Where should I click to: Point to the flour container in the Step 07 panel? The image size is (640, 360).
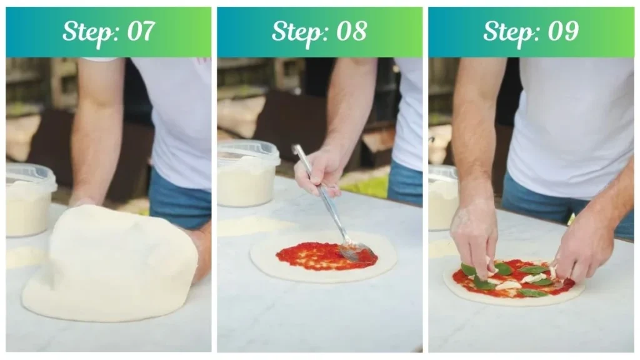29,206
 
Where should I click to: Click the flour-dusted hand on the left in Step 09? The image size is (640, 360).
473,234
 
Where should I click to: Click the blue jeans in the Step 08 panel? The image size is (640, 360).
404,181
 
